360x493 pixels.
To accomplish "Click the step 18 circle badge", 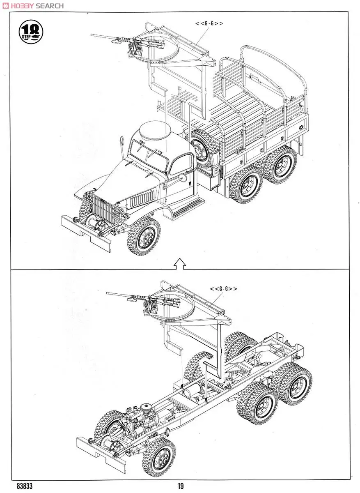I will (x=31, y=32).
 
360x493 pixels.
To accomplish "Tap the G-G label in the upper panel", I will (x=209, y=23).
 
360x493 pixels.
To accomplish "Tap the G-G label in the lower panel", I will (x=224, y=289).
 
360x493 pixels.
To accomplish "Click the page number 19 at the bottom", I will (x=181, y=486).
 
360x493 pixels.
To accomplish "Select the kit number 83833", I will (x=25, y=486).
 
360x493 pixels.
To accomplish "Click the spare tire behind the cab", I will (x=203, y=146).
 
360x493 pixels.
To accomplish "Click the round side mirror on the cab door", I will (x=181, y=178).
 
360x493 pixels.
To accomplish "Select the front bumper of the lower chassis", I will (x=99, y=452).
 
